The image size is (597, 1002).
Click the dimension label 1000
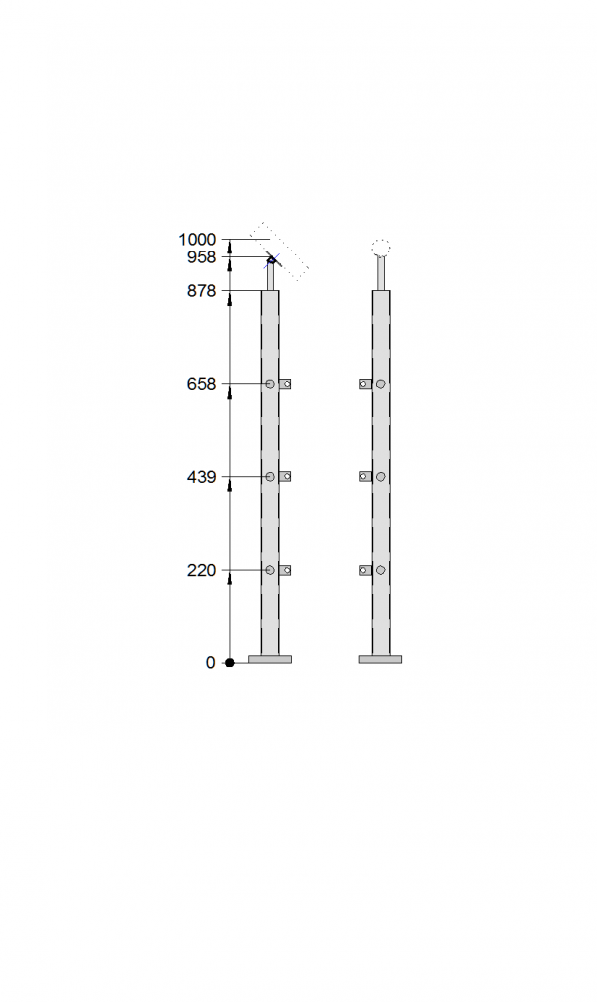point(197,240)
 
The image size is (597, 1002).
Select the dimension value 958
point(202,257)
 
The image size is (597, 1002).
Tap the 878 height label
point(202,291)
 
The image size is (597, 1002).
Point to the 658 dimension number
point(202,384)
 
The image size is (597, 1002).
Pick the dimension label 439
point(202,477)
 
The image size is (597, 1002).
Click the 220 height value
point(202,570)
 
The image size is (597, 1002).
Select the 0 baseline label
point(211,663)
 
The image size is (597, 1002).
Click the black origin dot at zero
point(230,663)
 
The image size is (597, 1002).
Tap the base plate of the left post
point(270,659)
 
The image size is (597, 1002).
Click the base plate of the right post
point(380,659)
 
